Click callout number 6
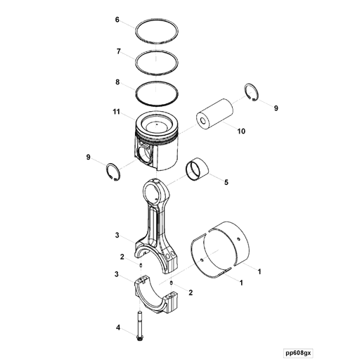(x=117, y=20)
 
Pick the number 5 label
(x=226, y=183)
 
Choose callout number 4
(x=118, y=328)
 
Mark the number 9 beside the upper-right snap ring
(x=276, y=108)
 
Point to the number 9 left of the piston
(x=88, y=157)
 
